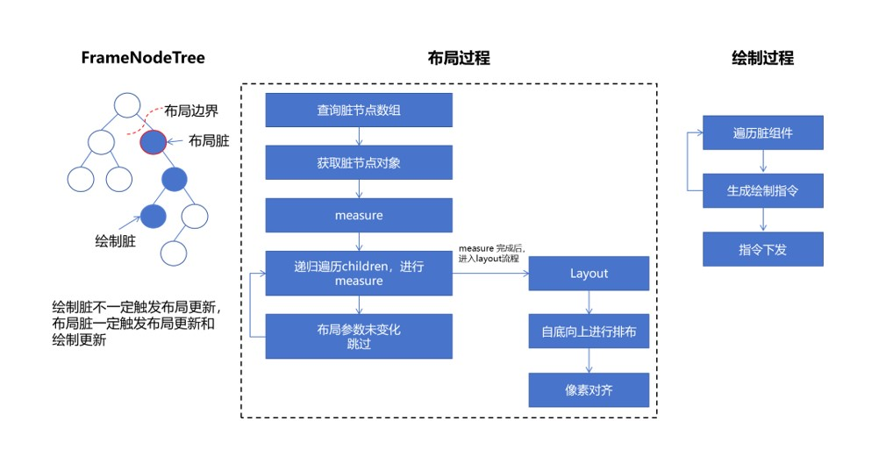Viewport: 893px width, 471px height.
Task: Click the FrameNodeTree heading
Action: coord(142,58)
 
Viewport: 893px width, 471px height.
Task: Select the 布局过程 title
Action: coord(459,58)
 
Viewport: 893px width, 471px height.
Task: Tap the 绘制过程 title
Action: coord(762,58)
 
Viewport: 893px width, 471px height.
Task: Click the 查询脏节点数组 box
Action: coord(359,111)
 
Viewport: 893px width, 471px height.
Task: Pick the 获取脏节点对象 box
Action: coord(359,162)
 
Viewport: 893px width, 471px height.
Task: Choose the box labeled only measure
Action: coord(359,215)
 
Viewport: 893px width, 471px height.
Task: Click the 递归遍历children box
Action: coord(359,273)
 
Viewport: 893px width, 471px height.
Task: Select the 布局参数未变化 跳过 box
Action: coord(359,337)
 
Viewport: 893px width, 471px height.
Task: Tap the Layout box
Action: coord(589,273)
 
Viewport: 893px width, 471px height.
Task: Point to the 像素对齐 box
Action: coord(589,390)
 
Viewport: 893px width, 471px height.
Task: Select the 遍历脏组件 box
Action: coord(762,132)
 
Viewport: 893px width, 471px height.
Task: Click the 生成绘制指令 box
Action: coord(762,190)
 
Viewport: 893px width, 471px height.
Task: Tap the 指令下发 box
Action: coord(762,249)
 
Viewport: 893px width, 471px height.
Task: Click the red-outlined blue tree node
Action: coord(153,140)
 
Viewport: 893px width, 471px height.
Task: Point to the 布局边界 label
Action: coord(190,111)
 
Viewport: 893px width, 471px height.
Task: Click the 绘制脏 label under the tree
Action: coord(115,239)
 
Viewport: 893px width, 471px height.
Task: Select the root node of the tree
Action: coord(126,104)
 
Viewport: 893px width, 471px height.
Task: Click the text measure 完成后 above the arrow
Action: coord(491,249)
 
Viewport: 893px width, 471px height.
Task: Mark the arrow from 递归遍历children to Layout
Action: coord(490,274)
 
